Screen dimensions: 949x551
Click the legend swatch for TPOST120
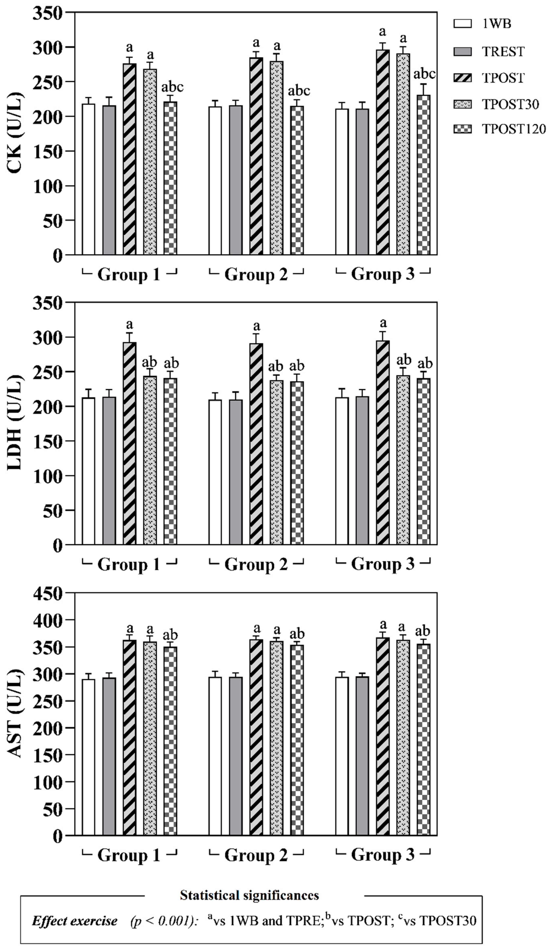click(462, 129)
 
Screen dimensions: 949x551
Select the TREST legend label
click(503, 51)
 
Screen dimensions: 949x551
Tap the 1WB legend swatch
click(462, 24)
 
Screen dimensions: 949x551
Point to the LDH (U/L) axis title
click(15, 423)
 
